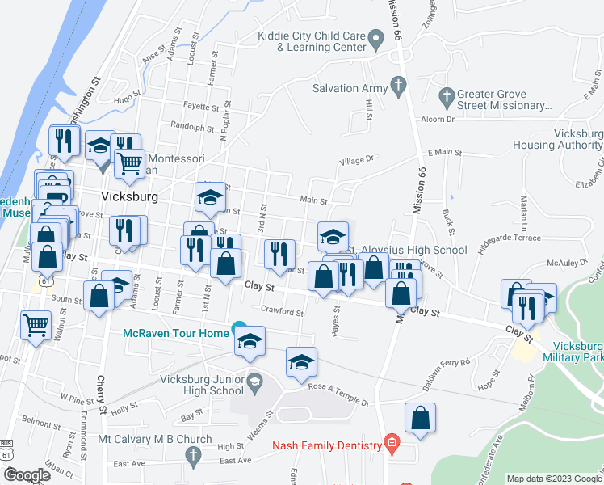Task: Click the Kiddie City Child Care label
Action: (311, 41)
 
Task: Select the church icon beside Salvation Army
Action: (397, 84)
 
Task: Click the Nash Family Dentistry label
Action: (327, 445)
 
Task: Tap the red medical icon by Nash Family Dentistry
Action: (392, 443)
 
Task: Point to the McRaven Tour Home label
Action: (174, 333)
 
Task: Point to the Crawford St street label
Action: (282, 311)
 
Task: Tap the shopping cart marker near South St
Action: (36, 327)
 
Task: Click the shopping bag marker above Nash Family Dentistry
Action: (420, 418)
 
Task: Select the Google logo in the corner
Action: (27, 475)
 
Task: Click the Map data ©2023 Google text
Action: (553, 479)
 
